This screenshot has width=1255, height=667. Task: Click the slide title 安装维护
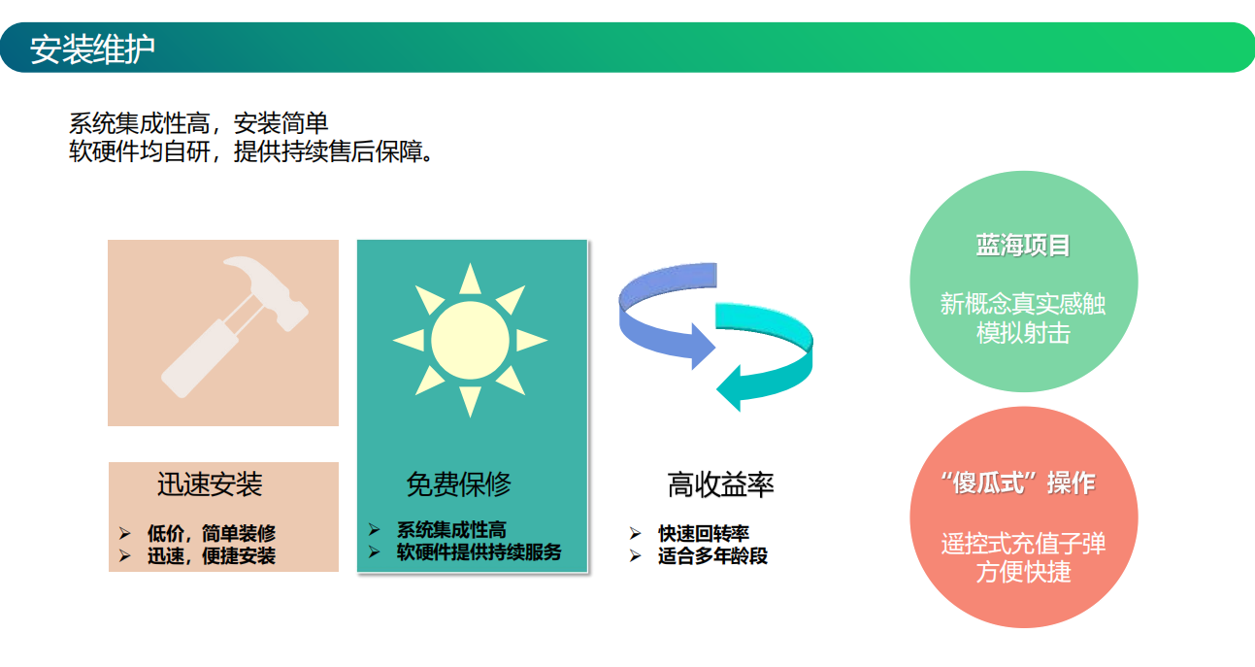coord(92,49)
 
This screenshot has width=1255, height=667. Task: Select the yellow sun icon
coord(470,340)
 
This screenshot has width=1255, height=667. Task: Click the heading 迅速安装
coord(210,484)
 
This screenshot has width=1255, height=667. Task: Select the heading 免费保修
coord(458,484)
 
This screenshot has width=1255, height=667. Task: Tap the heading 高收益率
coord(720,484)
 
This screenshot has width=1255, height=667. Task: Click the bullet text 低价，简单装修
coord(212,533)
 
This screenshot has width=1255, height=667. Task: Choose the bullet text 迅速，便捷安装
coord(212,556)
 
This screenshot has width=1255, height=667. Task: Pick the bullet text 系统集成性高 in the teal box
coord(451,530)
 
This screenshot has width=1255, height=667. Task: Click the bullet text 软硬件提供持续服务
coord(479,552)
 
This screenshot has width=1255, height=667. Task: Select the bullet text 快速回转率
coord(704,533)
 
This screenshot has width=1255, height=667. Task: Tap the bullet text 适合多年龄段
coord(712,556)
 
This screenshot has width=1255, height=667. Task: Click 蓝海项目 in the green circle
coord(1023,246)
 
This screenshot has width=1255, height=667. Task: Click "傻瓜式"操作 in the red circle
coord(1018,484)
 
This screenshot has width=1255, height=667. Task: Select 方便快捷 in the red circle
coord(1024,572)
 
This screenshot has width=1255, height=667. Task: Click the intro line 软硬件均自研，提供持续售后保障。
coord(251,151)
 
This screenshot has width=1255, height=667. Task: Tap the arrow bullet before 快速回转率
coord(635,533)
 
